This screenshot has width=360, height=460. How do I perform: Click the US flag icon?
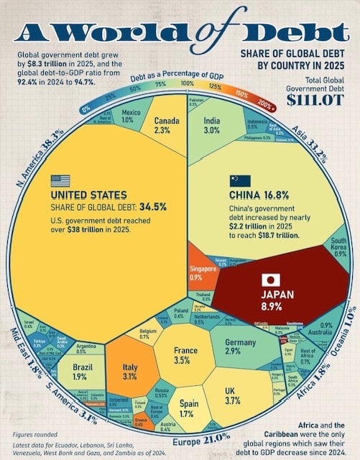tap(61, 181)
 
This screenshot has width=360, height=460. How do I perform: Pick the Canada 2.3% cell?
tap(162, 126)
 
